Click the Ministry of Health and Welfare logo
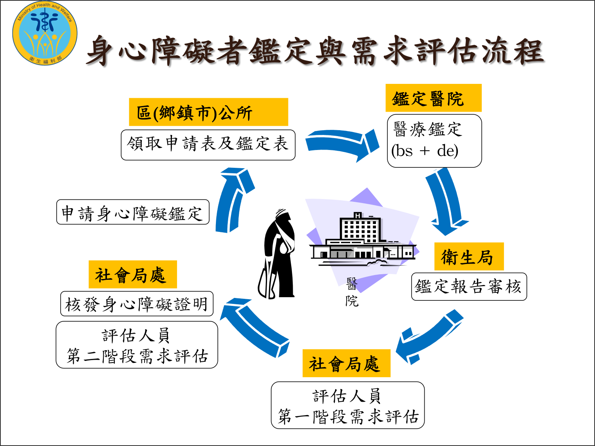(45, 33)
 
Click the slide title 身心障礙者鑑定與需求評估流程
(315, 51)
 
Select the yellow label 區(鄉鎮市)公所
(208, 112)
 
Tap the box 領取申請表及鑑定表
(208, 145)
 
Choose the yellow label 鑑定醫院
(433, 98)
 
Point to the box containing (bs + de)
(434, 141)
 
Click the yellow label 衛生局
(469, 257)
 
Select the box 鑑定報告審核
(469, 287)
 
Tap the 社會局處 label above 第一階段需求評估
(346, 363)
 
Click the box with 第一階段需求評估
(347, 405)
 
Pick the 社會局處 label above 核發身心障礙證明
(133, 275)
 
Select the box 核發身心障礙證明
(137, 304)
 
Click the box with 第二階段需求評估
(137, 345)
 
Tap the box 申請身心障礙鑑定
(133, 212)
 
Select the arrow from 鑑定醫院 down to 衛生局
(446, 201)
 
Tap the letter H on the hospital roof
(358, 216)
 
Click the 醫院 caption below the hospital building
(351, 292)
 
